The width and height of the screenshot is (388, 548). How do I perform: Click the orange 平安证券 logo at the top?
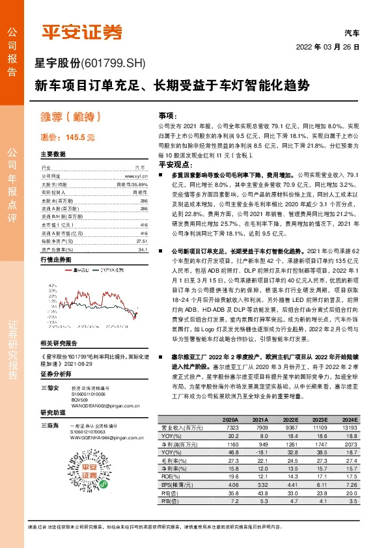[x=82, y=31]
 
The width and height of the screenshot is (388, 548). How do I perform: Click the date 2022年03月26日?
[x=327, y=47]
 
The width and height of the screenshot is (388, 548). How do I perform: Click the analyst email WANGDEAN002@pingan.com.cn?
[x=98, y=405]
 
